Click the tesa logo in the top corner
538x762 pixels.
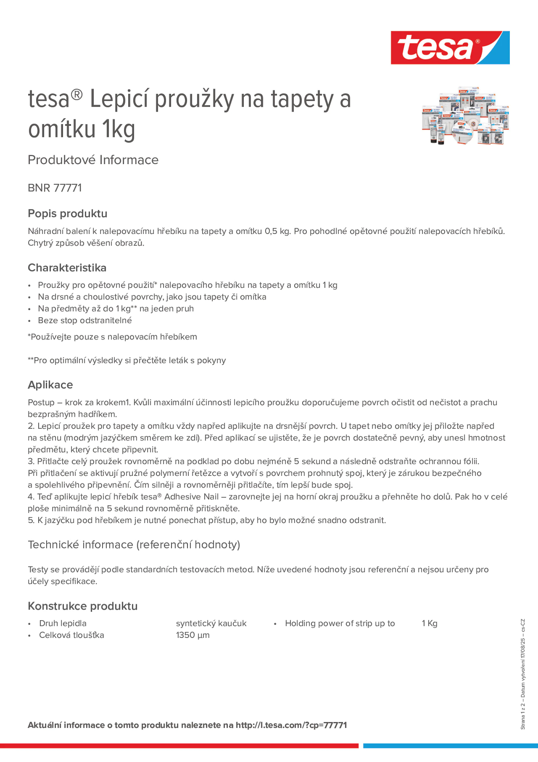pyautogui.click(x=450, y=47)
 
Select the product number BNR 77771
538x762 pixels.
pyautogui.click(x=55, y=188)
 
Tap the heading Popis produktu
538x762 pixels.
pyautogui.click(x=67, y=213)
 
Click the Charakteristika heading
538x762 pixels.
pyautogui.click(x=67, y=268)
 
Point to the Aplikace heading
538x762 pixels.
pyautogui.click(x=50, y=385)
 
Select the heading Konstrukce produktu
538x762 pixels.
pyautogui.click(x=83, y=606)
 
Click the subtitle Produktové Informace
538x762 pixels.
pyautogui.click(x=93, y=160)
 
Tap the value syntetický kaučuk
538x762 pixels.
pyautogui.click(x=211, y=623)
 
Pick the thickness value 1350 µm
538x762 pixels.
pyautogui.click(x=193, y=635)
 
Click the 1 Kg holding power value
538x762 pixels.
pyautogui.click(x=430, y=623)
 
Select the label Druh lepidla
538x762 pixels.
pyautogui.click(x=63, y=623)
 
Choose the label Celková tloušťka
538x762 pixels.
pyautogui.click(x=72, y=635)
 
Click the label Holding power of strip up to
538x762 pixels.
pyautogui.click(x=340, y=623)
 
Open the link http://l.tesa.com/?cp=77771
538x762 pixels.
pyautogui.click(x=291, y=725)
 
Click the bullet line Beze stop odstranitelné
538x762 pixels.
pyautogui.click(x=85, y=320)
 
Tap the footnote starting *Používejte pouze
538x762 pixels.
pyautogui.click(x=112, y=337)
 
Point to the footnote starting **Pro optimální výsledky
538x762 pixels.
pyautogui.click(x=127, y=360)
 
